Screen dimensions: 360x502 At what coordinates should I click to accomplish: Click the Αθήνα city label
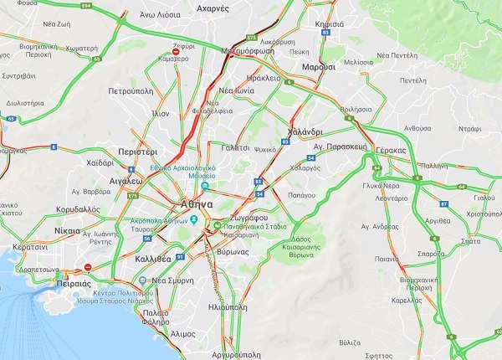coord(196,204)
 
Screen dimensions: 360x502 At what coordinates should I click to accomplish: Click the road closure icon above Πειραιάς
coord(88,268)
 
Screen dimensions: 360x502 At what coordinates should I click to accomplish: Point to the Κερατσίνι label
coord(29,248)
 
